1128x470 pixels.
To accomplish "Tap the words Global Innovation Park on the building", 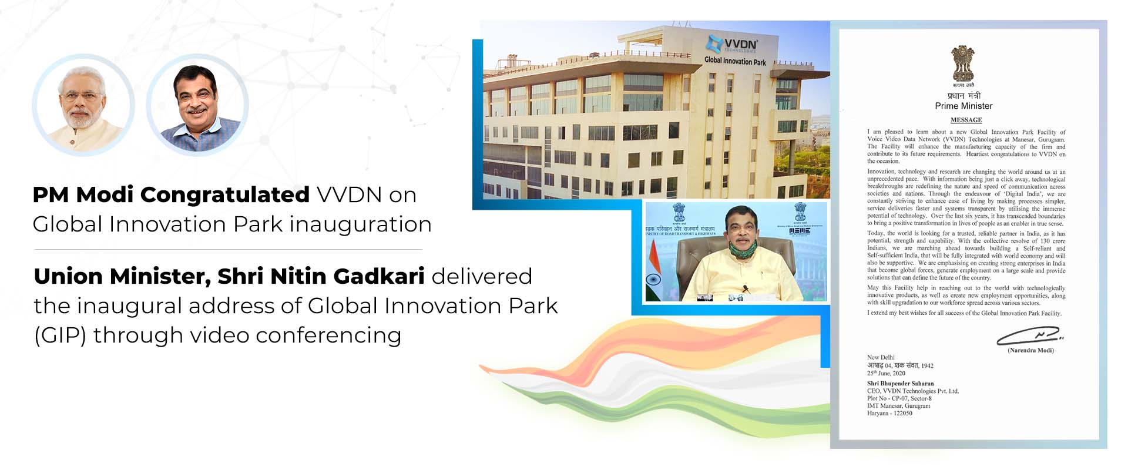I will point(735,61).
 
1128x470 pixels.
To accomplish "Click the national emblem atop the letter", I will point(963,65).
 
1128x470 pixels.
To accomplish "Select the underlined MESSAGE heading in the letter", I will point(966,120).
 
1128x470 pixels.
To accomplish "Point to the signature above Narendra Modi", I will point(1028,336).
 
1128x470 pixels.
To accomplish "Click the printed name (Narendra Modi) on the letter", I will point(1030,350).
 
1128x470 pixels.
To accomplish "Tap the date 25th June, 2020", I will point(886,373).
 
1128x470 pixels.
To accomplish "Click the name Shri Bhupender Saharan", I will point(900,383).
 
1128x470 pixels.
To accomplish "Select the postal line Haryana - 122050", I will point(889,413).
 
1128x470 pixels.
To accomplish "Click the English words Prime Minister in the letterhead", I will point(963,106).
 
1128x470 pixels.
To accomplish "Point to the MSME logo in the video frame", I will point(800,231).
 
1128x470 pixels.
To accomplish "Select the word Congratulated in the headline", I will point(224,194).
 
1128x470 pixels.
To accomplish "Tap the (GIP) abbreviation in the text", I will point(60,335).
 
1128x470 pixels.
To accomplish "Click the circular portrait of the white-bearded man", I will point(83,105).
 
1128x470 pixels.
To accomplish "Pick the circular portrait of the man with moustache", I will point(197,105).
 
